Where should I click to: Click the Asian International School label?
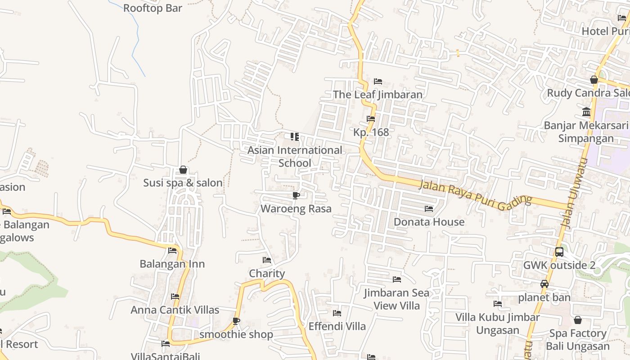[295, 156]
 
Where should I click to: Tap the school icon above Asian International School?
[295, 137]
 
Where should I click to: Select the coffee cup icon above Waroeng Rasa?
[296, 195]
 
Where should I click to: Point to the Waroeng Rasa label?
[296, 209]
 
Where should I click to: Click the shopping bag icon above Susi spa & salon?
[183, 170]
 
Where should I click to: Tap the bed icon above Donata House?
[429, 209]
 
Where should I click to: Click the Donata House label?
[429, 222]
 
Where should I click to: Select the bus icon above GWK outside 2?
[559, 252]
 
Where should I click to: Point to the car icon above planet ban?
[544, 284]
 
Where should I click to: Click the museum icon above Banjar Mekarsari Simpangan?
[586, 112]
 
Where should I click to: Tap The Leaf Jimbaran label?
[378, 94]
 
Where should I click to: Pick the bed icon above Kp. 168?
[371, 119]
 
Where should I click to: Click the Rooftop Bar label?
[153, 8]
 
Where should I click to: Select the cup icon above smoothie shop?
[236, 321]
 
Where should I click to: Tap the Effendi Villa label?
[337, 326]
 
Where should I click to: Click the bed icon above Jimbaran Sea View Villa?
[397, 279]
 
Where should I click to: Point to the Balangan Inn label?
[172, 264]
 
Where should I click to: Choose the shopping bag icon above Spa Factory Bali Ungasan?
[578, 320]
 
